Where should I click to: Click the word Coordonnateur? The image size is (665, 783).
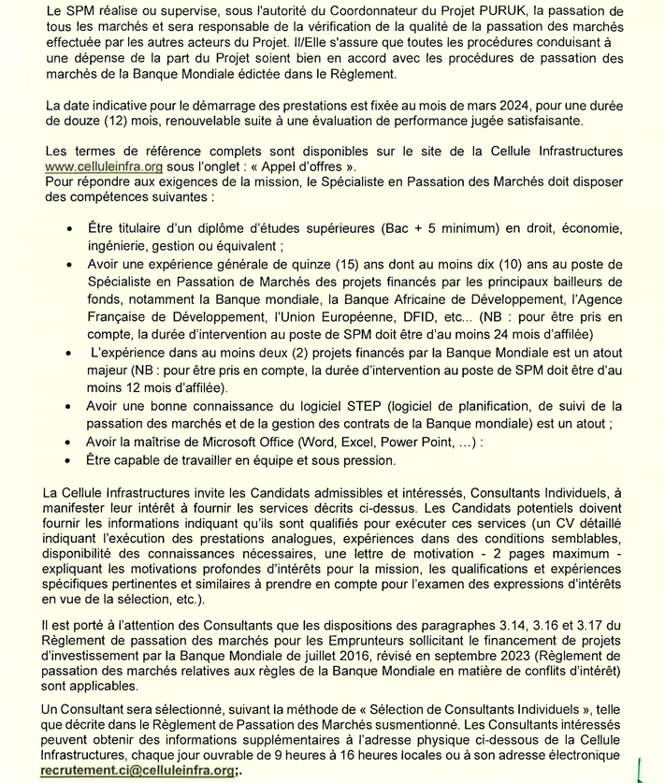(x=303, y=10)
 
